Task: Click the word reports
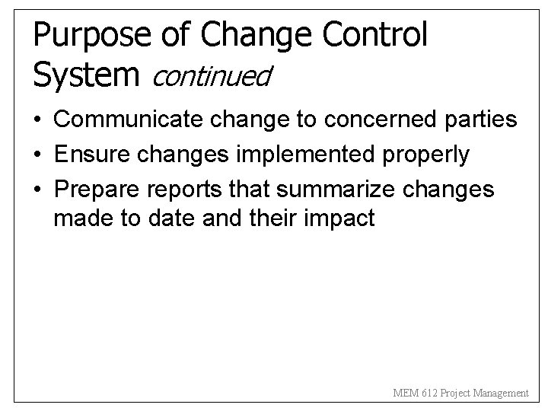(180, 190)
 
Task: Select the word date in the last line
(159, 220)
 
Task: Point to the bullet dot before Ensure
(37, 155)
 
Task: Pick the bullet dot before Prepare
(37, 190)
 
